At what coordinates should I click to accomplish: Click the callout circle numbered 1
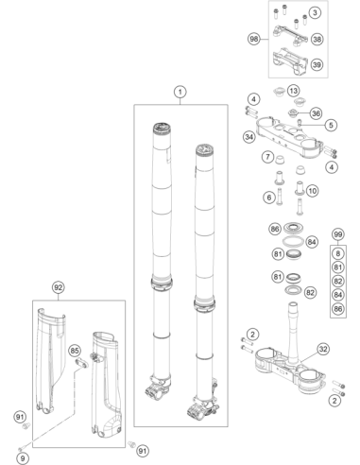click(x=180, y=92)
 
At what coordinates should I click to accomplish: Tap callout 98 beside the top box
click(x=253, y=39)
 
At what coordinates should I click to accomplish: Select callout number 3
click(x=315, y=13)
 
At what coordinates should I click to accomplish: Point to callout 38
click(x=317, y=40)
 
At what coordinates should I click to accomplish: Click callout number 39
click(x=317, y=64)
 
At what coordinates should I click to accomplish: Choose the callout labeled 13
click(x=293, y=91)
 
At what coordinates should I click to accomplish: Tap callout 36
click(x=316, y=113)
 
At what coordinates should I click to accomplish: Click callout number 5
click(x=331, y=125)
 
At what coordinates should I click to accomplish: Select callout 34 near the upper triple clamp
click(x=249, y=137)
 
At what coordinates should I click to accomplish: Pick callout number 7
click(x=267, y=157)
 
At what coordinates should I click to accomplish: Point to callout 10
click(x=312, y=191)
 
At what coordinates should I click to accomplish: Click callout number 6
click(x=269, y=198)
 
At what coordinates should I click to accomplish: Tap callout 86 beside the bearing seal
click(x=275, y=229)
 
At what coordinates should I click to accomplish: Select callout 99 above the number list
click(x=338, y=234)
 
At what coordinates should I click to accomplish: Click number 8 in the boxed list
click(x=338, y=253)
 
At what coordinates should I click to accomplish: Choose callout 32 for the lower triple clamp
click(x=323, y=349)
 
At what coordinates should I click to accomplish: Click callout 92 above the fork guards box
click(x=58, y=287)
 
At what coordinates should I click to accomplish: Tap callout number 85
click(x=75, y=351)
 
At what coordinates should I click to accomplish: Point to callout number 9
click(x=23, y=458)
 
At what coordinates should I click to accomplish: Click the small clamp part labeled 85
click(x=81, y=363)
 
